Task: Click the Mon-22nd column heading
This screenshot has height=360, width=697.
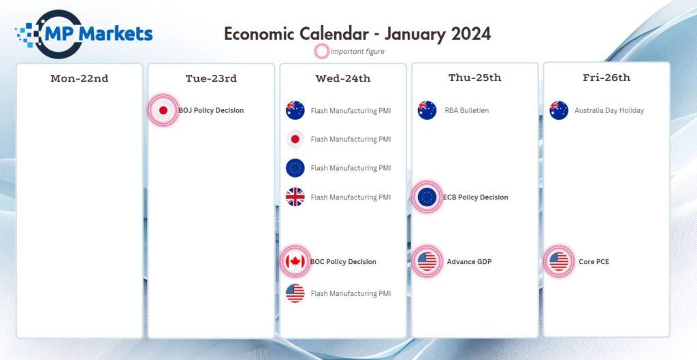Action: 79,78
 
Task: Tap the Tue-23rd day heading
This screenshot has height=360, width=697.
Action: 211,78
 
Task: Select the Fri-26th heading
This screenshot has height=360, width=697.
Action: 606,78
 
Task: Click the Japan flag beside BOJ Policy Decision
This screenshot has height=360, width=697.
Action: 163,110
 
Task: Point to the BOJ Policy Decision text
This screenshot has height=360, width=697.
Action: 211,110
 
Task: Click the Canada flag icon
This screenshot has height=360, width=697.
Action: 295,261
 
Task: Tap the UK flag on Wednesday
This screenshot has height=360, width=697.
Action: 295,197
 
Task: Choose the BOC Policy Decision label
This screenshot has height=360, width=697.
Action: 343,262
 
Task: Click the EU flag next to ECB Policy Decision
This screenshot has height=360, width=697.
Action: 427,197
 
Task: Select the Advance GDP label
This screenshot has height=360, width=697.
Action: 469,262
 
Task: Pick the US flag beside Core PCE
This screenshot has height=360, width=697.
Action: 559,261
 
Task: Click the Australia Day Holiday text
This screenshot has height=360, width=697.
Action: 609,110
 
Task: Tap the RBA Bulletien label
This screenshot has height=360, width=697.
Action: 467,110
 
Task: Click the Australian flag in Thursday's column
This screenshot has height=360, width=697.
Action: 427,110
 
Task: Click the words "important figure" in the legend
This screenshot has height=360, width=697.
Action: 357,52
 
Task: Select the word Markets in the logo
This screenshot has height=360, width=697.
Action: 118,33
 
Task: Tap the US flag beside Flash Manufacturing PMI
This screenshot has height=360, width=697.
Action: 295,293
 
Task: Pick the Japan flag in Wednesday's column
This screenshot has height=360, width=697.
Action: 295,139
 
